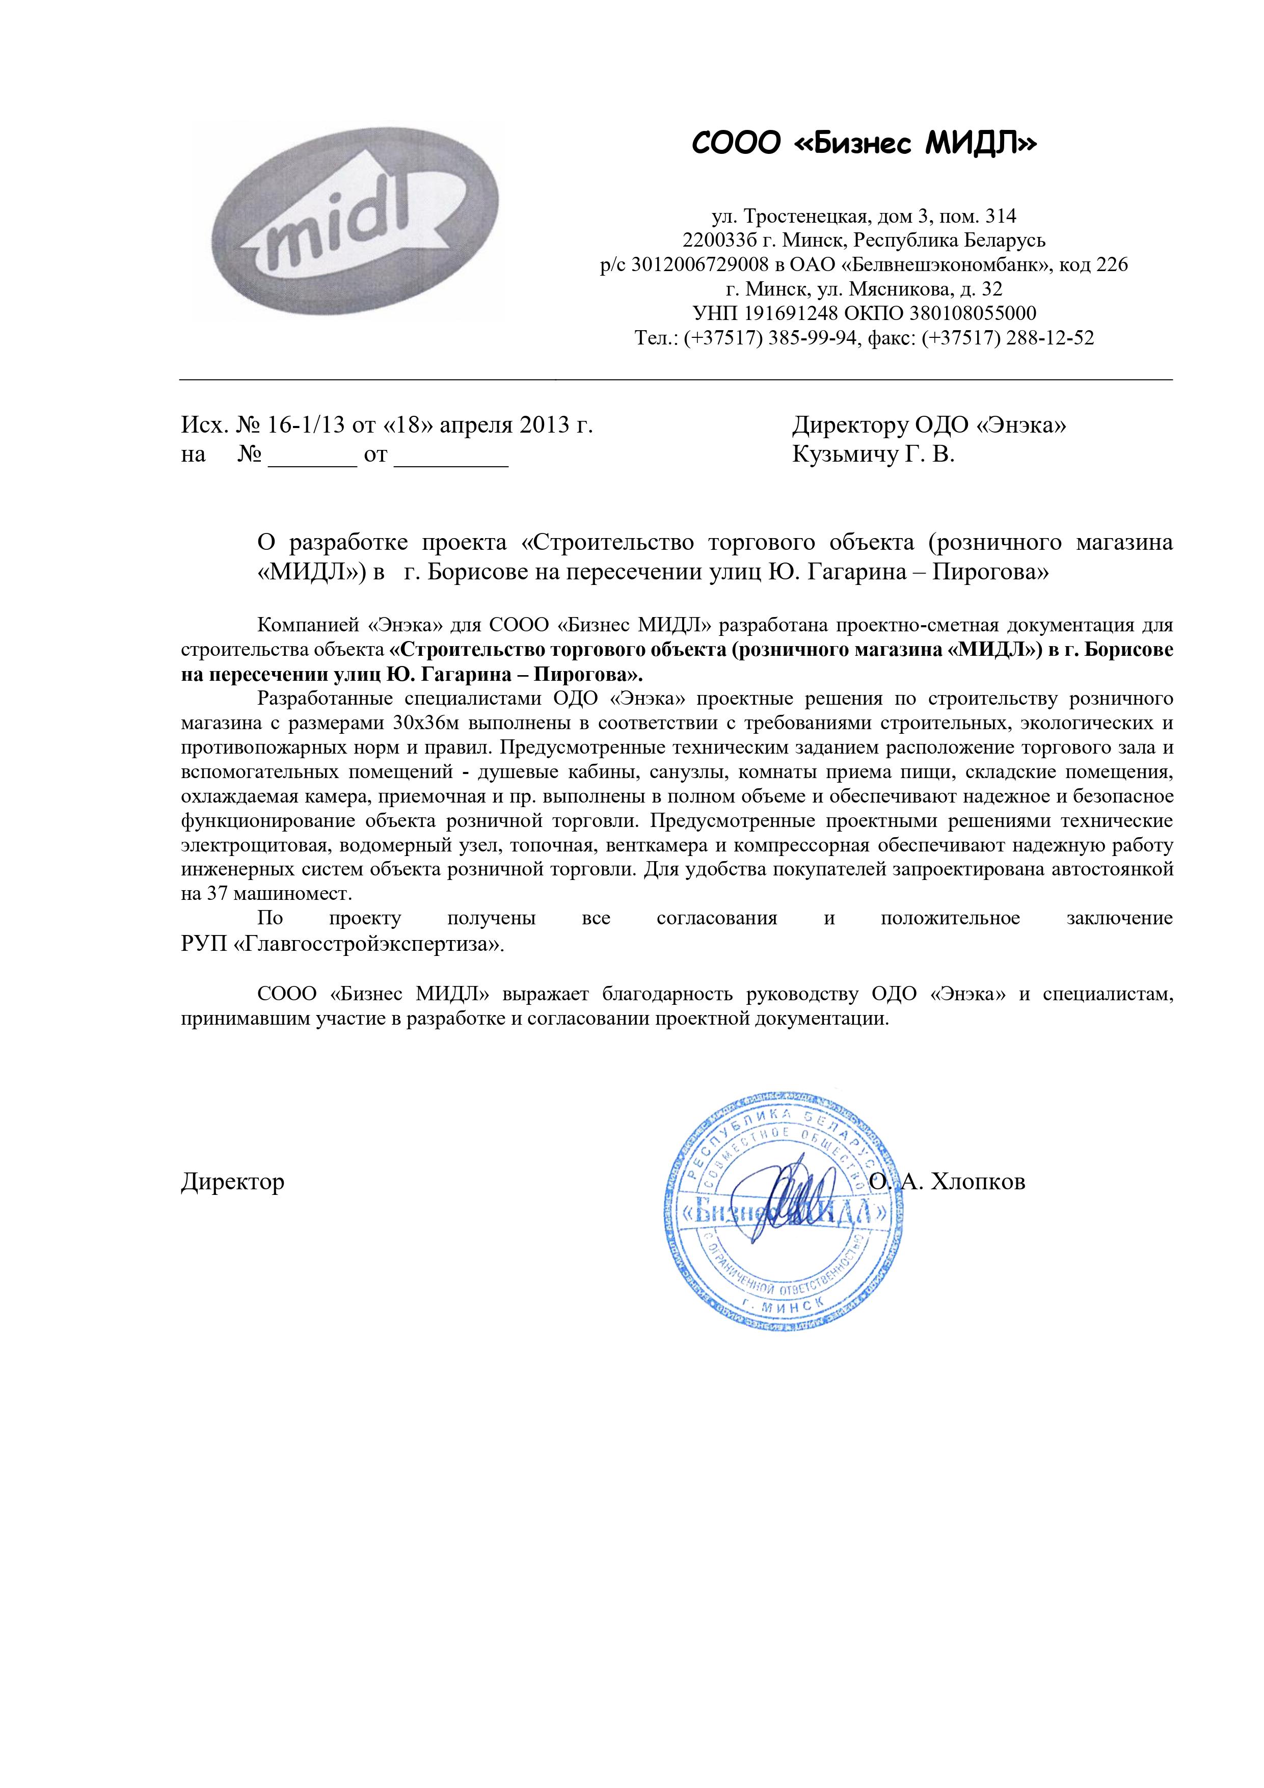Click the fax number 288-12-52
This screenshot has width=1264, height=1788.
(1050, 338)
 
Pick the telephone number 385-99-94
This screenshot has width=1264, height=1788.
(814, 338)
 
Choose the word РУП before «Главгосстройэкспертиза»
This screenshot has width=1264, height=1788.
(204, 945)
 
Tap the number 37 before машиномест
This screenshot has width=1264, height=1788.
(216, 893)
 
